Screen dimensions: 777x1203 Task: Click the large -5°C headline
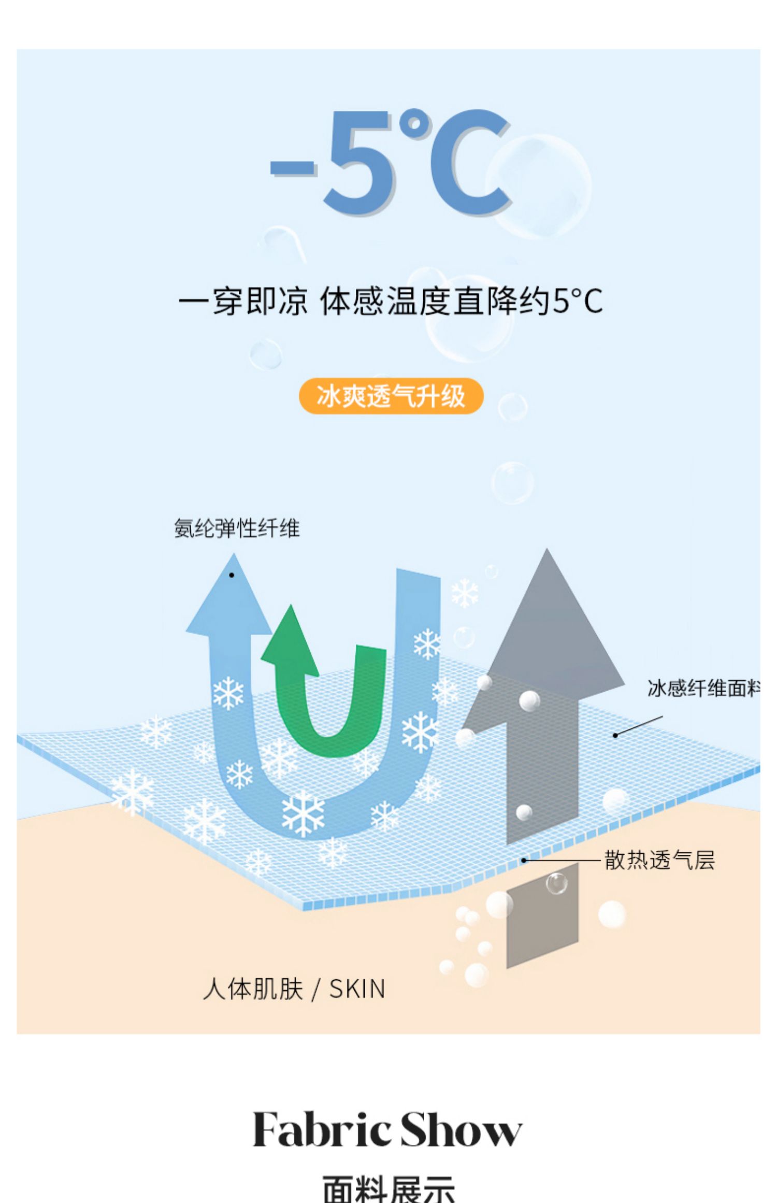(x=391, y=162)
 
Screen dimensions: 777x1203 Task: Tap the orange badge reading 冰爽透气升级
(x=391, y=396)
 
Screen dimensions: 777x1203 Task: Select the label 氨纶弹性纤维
(x=237, y=528)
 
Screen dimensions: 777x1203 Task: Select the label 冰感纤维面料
(x=703, y=688)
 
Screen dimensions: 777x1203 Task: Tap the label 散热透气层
(x=659, y=860)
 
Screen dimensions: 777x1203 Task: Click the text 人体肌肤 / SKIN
(x=294, y=989)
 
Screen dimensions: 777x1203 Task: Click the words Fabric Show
(x=387, y=1129)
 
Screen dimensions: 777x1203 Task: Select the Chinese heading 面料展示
(x=388, y=1189)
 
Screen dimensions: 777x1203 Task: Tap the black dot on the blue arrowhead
(x=232, y=575)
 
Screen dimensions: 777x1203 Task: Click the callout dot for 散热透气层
(x=524, y=860)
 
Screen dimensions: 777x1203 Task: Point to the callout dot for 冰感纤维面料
(x=615, y=735)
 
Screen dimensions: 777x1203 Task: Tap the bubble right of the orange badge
(x=512, y=407)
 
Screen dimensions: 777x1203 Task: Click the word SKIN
(x=357, y=989)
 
